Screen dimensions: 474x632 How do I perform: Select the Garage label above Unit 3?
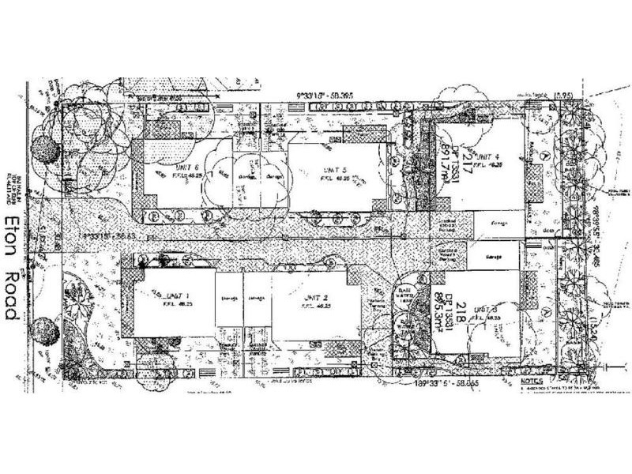coord(493,258)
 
